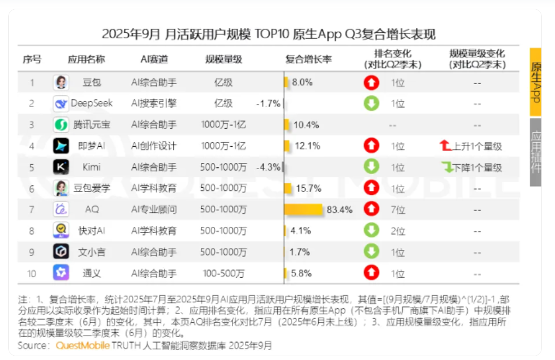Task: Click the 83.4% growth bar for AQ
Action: [303, 209]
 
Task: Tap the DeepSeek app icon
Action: [61, 104]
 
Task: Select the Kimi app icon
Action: [61, 167]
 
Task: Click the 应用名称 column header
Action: [86, 59]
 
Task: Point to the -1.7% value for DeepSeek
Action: [268, 104]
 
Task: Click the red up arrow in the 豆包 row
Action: [371, 83]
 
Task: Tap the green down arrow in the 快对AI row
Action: [371, 231]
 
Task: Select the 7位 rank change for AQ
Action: [398, 209]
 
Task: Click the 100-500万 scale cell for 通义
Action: [224, 273]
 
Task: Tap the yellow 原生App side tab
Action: [535, 82]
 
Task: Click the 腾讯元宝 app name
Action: [92, 125]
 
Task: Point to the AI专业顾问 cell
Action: [154, 209]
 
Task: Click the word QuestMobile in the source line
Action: [82, 346]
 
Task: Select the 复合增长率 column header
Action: [308, 59]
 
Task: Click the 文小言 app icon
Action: [61, 251]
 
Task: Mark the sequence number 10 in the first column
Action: [32, 273]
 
